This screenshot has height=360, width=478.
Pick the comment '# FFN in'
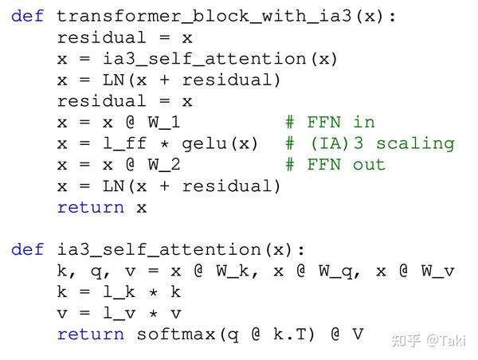tap(330, 122)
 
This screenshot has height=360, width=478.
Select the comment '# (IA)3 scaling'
tap(370, 143)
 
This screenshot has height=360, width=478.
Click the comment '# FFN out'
tap(335, 165)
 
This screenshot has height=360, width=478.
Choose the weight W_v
tap(437, 271)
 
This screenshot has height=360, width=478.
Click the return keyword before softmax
tap(91, 335)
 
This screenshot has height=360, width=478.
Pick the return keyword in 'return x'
tap(91, 207)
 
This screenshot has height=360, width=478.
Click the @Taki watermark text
tap(445, 341)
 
